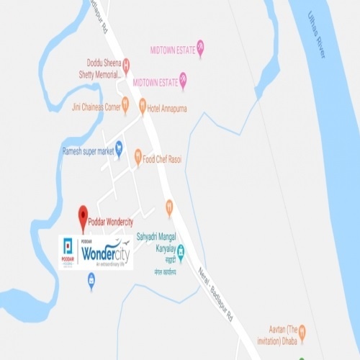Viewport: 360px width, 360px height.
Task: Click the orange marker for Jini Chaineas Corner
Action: coord(125,106)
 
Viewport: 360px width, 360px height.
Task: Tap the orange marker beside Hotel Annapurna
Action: coord(143,105)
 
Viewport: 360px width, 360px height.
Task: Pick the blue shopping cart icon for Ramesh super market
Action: coord(119,149)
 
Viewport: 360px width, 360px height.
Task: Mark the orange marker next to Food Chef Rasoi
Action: coord(138,157)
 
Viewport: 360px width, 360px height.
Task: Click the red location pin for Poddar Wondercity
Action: coord(83,214)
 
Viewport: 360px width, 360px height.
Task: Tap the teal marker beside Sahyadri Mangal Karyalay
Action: coord(181,252)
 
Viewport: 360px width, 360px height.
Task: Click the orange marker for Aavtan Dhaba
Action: coord(302,331)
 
